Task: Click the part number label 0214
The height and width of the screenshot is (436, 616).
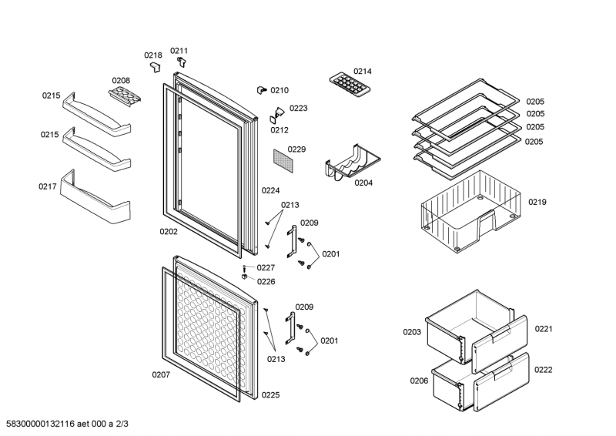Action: point(363,72)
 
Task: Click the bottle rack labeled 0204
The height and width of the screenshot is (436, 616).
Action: point(353,162)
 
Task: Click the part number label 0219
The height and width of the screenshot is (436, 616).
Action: point(537,203)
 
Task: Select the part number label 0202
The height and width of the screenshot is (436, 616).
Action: point(169,231)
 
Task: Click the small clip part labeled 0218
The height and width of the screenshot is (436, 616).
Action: point(155,68)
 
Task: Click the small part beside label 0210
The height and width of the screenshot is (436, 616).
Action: point(261,91)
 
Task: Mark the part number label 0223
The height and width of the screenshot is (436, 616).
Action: point(298,109)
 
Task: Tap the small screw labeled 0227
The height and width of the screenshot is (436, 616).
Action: point(244,267)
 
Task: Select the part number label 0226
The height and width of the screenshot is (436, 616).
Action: point(266,281)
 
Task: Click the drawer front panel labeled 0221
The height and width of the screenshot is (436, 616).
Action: point(500,339)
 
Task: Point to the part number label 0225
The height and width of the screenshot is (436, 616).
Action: point(270,395)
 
